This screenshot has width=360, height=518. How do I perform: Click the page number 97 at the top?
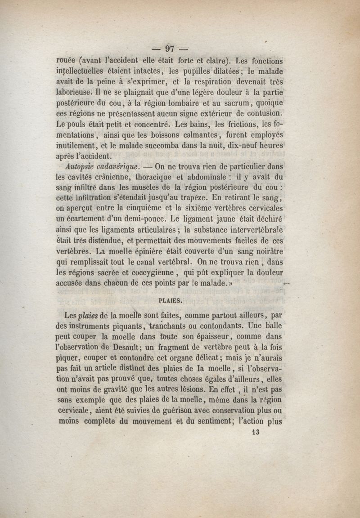click(x=170, y=49)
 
